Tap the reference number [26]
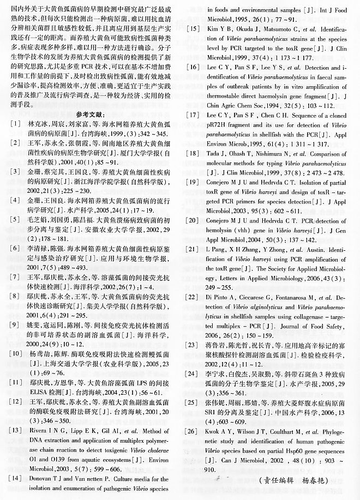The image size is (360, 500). coord(192,427)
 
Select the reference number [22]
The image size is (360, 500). coord(192,297)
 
